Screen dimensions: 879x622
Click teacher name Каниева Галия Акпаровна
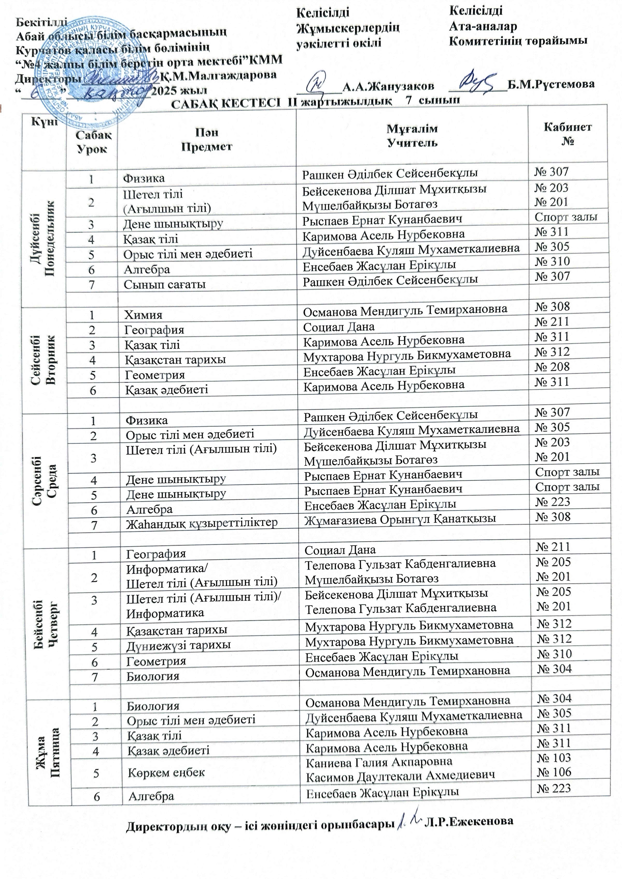[x=379, y=761]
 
